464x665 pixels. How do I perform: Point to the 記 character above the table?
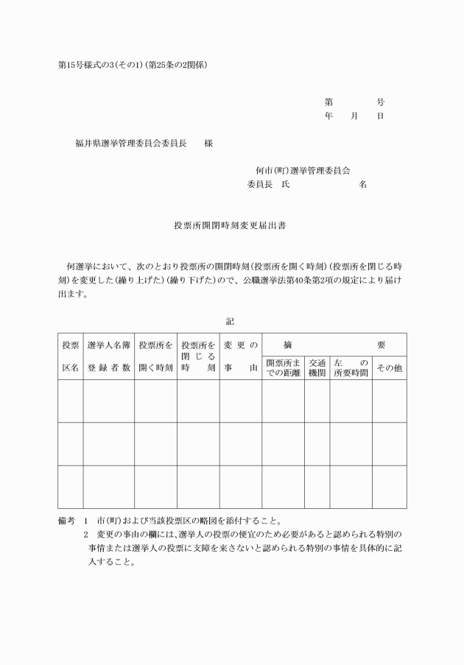pyautogui.click(x=230, y=321)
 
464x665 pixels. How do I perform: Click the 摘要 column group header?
pyautogui.click(x=334, y=345)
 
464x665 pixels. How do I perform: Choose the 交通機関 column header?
pyautogui.click(x=317, y=367)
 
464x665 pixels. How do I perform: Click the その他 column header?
pyautogui.click(x=389, y=367)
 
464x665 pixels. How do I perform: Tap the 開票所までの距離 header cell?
pyautogui.click(x=283, y=367)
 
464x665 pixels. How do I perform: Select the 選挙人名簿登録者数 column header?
pyautogui.click(x=108, y=356)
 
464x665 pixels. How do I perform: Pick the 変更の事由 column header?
pyautogui.click(x=240, y=356)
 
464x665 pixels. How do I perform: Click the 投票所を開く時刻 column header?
pyautogui.click(x=155, y=356)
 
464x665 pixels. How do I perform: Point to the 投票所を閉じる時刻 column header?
pyautogui.click(x=197, y=356)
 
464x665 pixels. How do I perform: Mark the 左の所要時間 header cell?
pyautogui.click(x=351, y=367)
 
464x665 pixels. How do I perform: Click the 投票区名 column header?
pyautogui.click(x=70, y=356)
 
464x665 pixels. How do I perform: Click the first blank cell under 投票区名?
pyautogui.click(x=70, y=401)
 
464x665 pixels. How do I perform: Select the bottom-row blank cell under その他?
pyautogui.click(x=389, y=487)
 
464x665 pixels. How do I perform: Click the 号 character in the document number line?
pyautogui.click(x=380, y=102)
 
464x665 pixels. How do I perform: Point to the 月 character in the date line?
pyautogui.click(x=354, y=116)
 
